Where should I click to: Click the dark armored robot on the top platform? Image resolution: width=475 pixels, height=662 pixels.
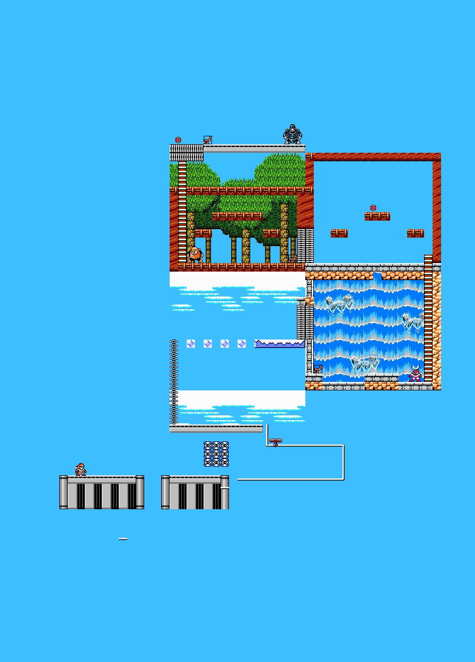coord(292,135)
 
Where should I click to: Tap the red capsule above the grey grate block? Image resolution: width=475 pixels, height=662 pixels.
coord(178,140)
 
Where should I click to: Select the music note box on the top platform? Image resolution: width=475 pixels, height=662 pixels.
coord(207,140)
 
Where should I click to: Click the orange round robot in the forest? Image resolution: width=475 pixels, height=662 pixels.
coord(195,254)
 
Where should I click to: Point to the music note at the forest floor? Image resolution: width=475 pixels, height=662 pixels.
coord(293,258)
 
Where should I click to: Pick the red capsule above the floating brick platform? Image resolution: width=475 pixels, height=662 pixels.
coord(373,208)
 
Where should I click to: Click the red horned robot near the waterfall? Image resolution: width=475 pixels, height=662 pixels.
coord(415,373)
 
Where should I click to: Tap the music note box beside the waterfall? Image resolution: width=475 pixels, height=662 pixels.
coord(318,369)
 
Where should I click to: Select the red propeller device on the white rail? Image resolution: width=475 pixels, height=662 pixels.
coord(276,441)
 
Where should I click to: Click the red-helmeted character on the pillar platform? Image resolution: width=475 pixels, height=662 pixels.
coord(80,469)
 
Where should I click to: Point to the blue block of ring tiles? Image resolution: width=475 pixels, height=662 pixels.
coord(216,454)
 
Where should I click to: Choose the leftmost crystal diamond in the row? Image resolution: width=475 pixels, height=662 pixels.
coord(191,344)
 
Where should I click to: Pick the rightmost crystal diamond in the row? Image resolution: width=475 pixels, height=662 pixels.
coord(242,344)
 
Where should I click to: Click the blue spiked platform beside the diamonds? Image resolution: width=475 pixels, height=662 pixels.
coord(279,344)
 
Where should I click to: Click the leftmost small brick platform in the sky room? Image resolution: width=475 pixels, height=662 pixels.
coord(339,233)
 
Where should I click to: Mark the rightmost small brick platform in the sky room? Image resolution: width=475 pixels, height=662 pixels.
coord(416,233)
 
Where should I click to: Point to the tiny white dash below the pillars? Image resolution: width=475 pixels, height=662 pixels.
coord(123,539)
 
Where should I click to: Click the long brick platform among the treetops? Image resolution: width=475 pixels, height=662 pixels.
coord(237,216)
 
